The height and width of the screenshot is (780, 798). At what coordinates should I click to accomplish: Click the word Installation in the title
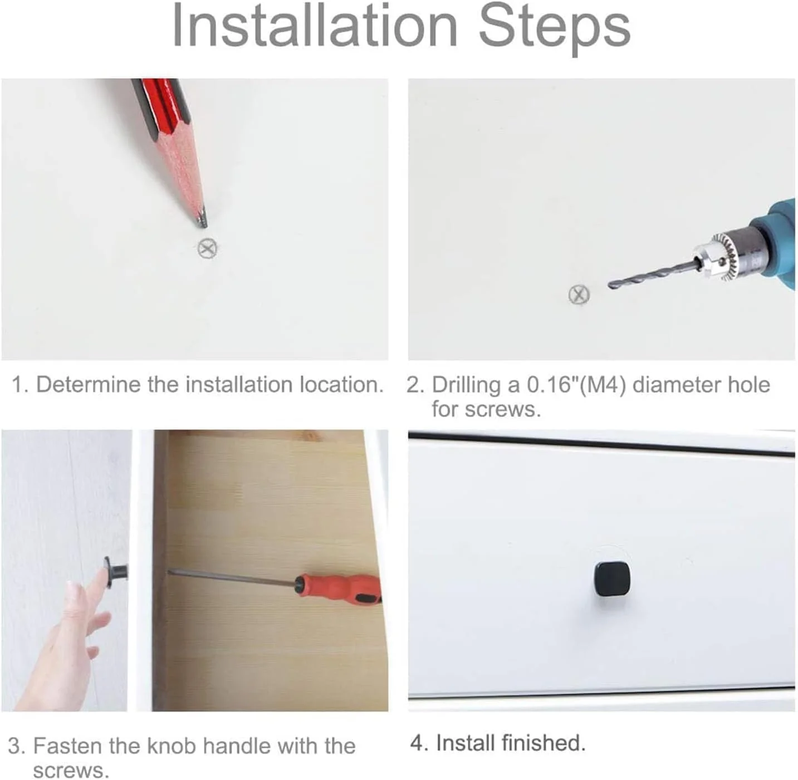pos(315,26)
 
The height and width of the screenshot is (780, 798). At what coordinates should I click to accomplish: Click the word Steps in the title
pos(554,30)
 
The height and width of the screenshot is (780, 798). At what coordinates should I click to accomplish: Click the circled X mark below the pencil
pos(208,248)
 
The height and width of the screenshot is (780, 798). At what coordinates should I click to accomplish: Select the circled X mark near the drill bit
pos(580,295)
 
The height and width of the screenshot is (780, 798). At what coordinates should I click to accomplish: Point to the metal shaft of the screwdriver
pos(232,576)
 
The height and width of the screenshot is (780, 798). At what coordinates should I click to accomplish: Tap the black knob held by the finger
pos(116,572)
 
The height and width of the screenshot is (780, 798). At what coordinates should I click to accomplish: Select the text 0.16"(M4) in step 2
pos(576,385)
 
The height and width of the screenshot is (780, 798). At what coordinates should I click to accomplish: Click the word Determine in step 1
pos(88,385)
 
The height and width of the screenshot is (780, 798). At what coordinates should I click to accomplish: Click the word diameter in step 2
pos(677,385)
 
